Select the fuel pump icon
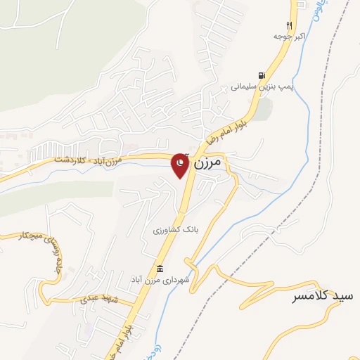(x=262, y=75)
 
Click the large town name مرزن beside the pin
(x=207, y=162)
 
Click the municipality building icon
(x=160, y=269)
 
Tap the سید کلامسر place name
(x=323, y=297)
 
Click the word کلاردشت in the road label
(x=69, y=161)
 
